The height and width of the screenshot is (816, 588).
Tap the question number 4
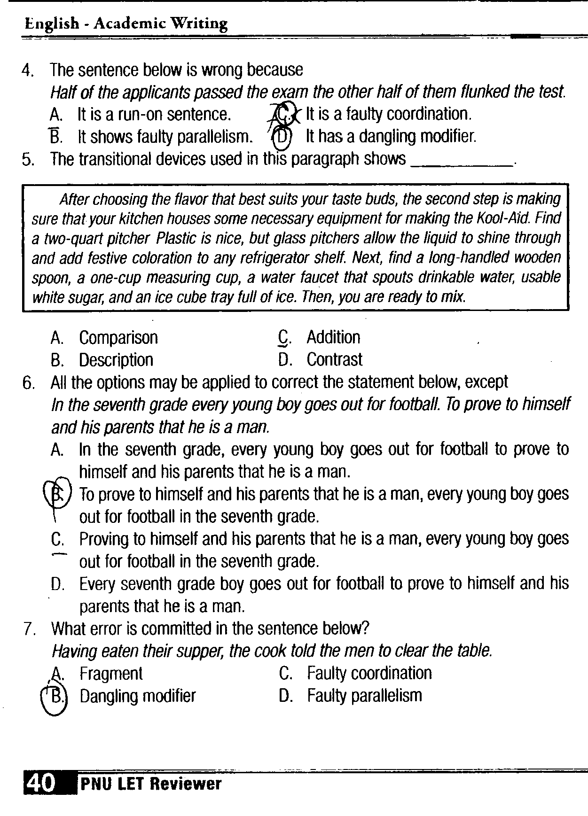pyautogui.click(x=28, y=71)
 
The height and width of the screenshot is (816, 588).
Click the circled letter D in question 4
pyautogui.click(x=282, y=137)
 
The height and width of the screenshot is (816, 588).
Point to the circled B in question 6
pyautogui.click(x=57, y=493)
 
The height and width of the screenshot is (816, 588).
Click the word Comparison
pyautogui.click(x=118, y=338)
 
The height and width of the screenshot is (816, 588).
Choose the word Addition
pyautogui.click(x=333, y=337)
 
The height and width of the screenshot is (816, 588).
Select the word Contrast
pyautogui.click(x=335, y=360)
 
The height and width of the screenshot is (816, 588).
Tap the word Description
pyautogui.click(x=116, y=360)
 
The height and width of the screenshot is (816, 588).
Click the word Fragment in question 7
pyautogui.click(x=111, y=674)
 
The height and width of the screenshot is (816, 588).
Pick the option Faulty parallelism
pyautogui.click(x=365, y=696)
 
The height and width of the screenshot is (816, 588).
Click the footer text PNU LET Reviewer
pyautogui.click(x=150, y=784)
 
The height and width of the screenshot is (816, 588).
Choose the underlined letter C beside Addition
pyautogui.click(x=283, y=337)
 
